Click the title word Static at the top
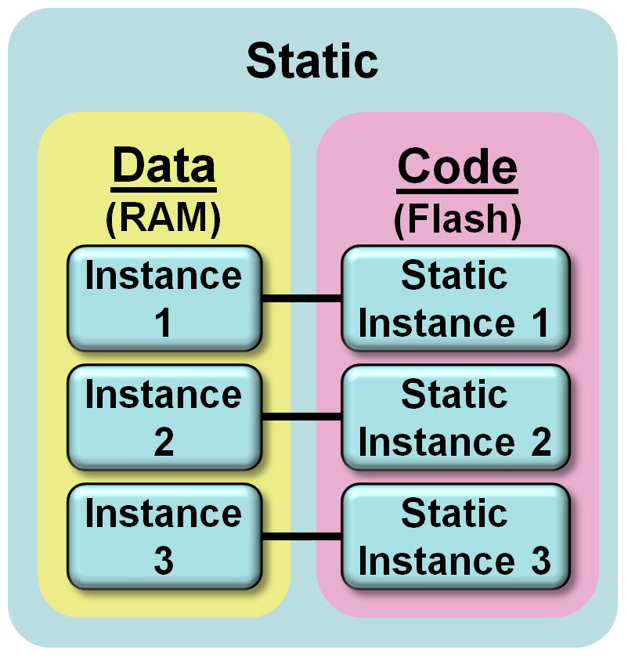click(x=312, y=61)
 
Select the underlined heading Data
click(x=163, y=167)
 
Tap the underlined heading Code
click(x=457, y=167)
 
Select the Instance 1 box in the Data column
click(x=163, y=298)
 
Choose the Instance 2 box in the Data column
click(x=163, y=417)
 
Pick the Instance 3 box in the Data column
click(x=163, y=536)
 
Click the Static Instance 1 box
click(x=455, y=298)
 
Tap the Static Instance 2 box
click(x=455, y=417)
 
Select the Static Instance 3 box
click(x=455, y=536)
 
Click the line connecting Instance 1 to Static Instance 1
click(x=301, y=298)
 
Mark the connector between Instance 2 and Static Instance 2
click(x=301, y=417)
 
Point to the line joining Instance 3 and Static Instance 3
click(x=301, y=536)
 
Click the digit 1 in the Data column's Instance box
click(x=163, y=323)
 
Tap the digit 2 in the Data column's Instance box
click(x=163, y=442)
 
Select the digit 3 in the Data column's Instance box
click(x=163, y=561)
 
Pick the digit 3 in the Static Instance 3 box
click(x=540, y=561)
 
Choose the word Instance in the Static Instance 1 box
click(x=436, y=323)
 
